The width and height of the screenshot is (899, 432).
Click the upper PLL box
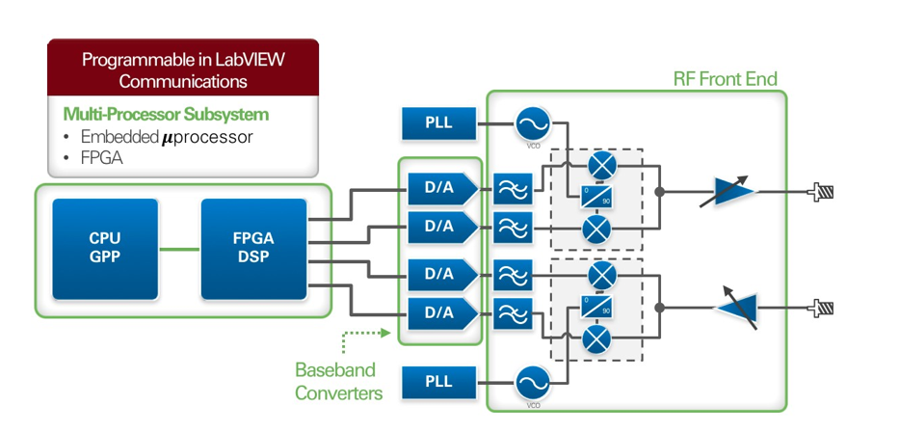(439, 123)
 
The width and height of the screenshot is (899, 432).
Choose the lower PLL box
(439, 381)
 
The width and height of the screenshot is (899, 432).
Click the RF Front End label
(725, 78)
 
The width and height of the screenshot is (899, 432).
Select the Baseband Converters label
(334, 382)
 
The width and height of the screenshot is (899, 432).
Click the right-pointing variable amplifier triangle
(735, 191)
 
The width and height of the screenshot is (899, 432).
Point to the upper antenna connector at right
(822, 192)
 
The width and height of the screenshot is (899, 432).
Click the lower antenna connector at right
(822, 309)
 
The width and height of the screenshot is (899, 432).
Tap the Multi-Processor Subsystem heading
(166, 115)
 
